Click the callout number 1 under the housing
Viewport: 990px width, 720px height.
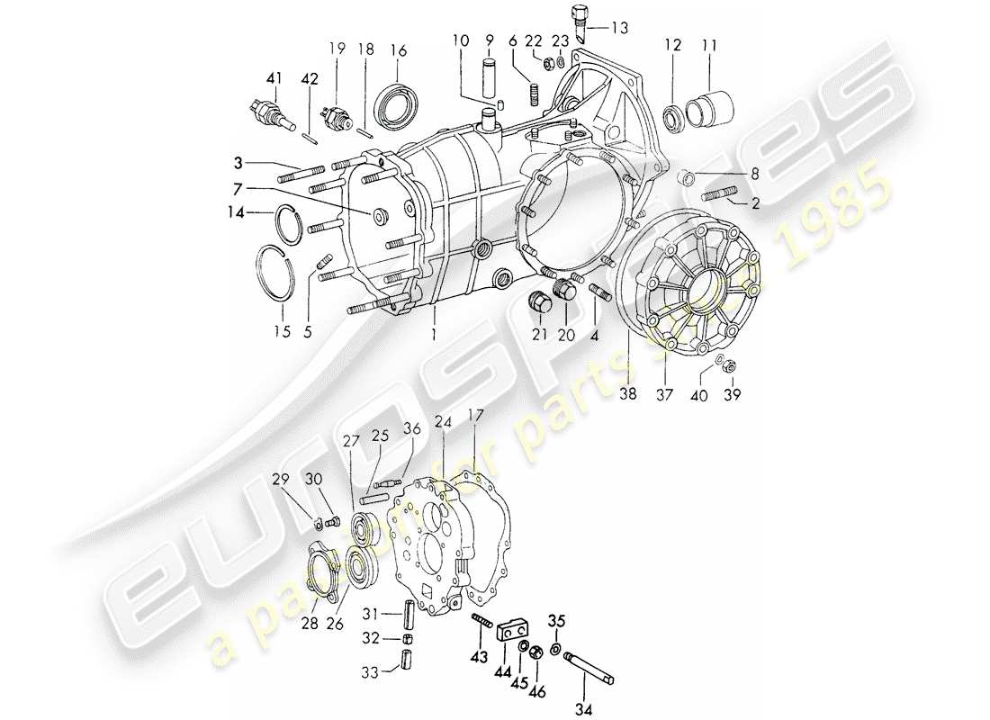pos(433,332)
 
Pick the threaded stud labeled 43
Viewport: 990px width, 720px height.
pos(481,620)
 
